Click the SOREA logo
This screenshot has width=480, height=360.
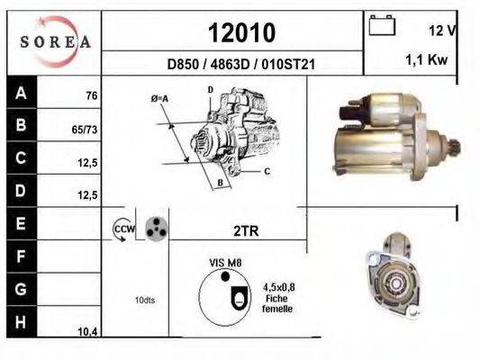[55, 42]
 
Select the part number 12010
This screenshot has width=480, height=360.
[242, 32]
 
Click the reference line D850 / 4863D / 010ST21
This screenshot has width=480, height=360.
[241, 65]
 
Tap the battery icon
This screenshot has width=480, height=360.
[382, 25]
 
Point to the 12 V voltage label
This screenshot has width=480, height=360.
[442, 31]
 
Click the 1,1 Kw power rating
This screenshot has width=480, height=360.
[427, 59]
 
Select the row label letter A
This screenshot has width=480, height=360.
[21, 93]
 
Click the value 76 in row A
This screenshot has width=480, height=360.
[92, 95]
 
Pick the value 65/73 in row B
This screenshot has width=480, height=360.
[85, 130]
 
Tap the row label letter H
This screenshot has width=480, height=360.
[21, 322]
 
